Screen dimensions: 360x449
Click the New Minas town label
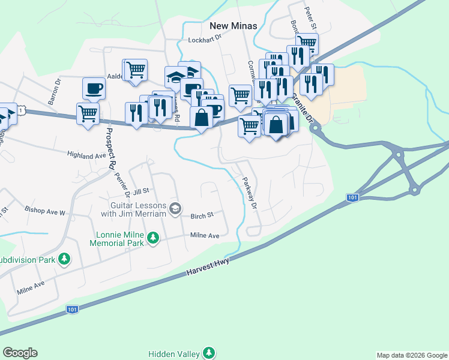234,26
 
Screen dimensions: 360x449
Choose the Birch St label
202,215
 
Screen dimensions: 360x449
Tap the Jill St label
141,191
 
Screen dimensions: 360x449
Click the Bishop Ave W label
44,211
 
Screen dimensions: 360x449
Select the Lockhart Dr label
205,40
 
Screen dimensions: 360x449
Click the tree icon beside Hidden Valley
208,352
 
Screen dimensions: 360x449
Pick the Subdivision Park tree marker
64,259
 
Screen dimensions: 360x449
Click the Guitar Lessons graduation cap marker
175,208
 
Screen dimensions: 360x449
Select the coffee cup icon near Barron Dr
94,89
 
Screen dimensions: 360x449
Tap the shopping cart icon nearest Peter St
307,43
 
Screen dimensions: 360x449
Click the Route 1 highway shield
22,110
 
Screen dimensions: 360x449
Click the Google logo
20,352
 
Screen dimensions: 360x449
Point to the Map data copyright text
411,355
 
